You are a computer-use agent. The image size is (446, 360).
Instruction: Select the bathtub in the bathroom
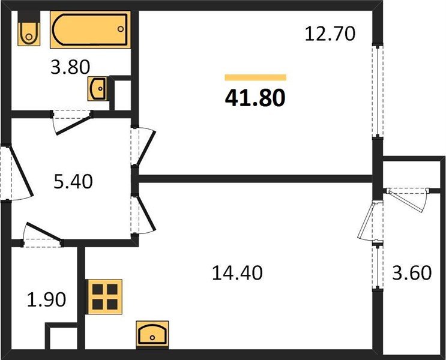(x=90, y=29)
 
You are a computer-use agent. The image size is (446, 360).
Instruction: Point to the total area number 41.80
(x=255, y=97)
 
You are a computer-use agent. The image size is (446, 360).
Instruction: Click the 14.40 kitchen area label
(x=237, y=273)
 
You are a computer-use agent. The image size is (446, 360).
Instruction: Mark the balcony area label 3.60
(x=411, y=273)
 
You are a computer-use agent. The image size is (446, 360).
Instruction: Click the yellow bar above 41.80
(x=255, y=77)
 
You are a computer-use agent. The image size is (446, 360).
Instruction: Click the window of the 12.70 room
(x=376, y=90)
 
